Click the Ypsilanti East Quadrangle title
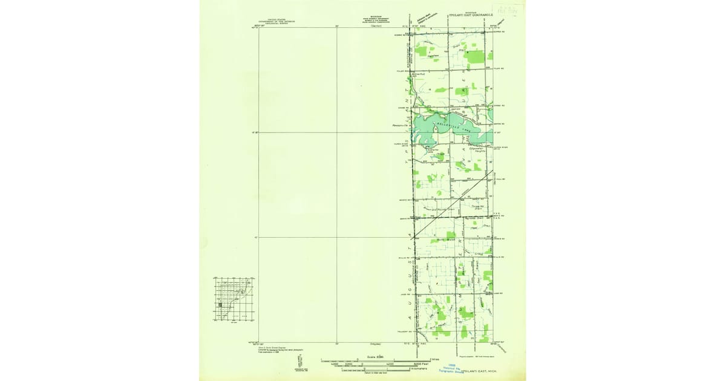coord(472,13)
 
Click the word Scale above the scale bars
coord(371,357)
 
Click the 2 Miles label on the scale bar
coord(434,359)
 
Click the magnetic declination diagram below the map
coord(299,361)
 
